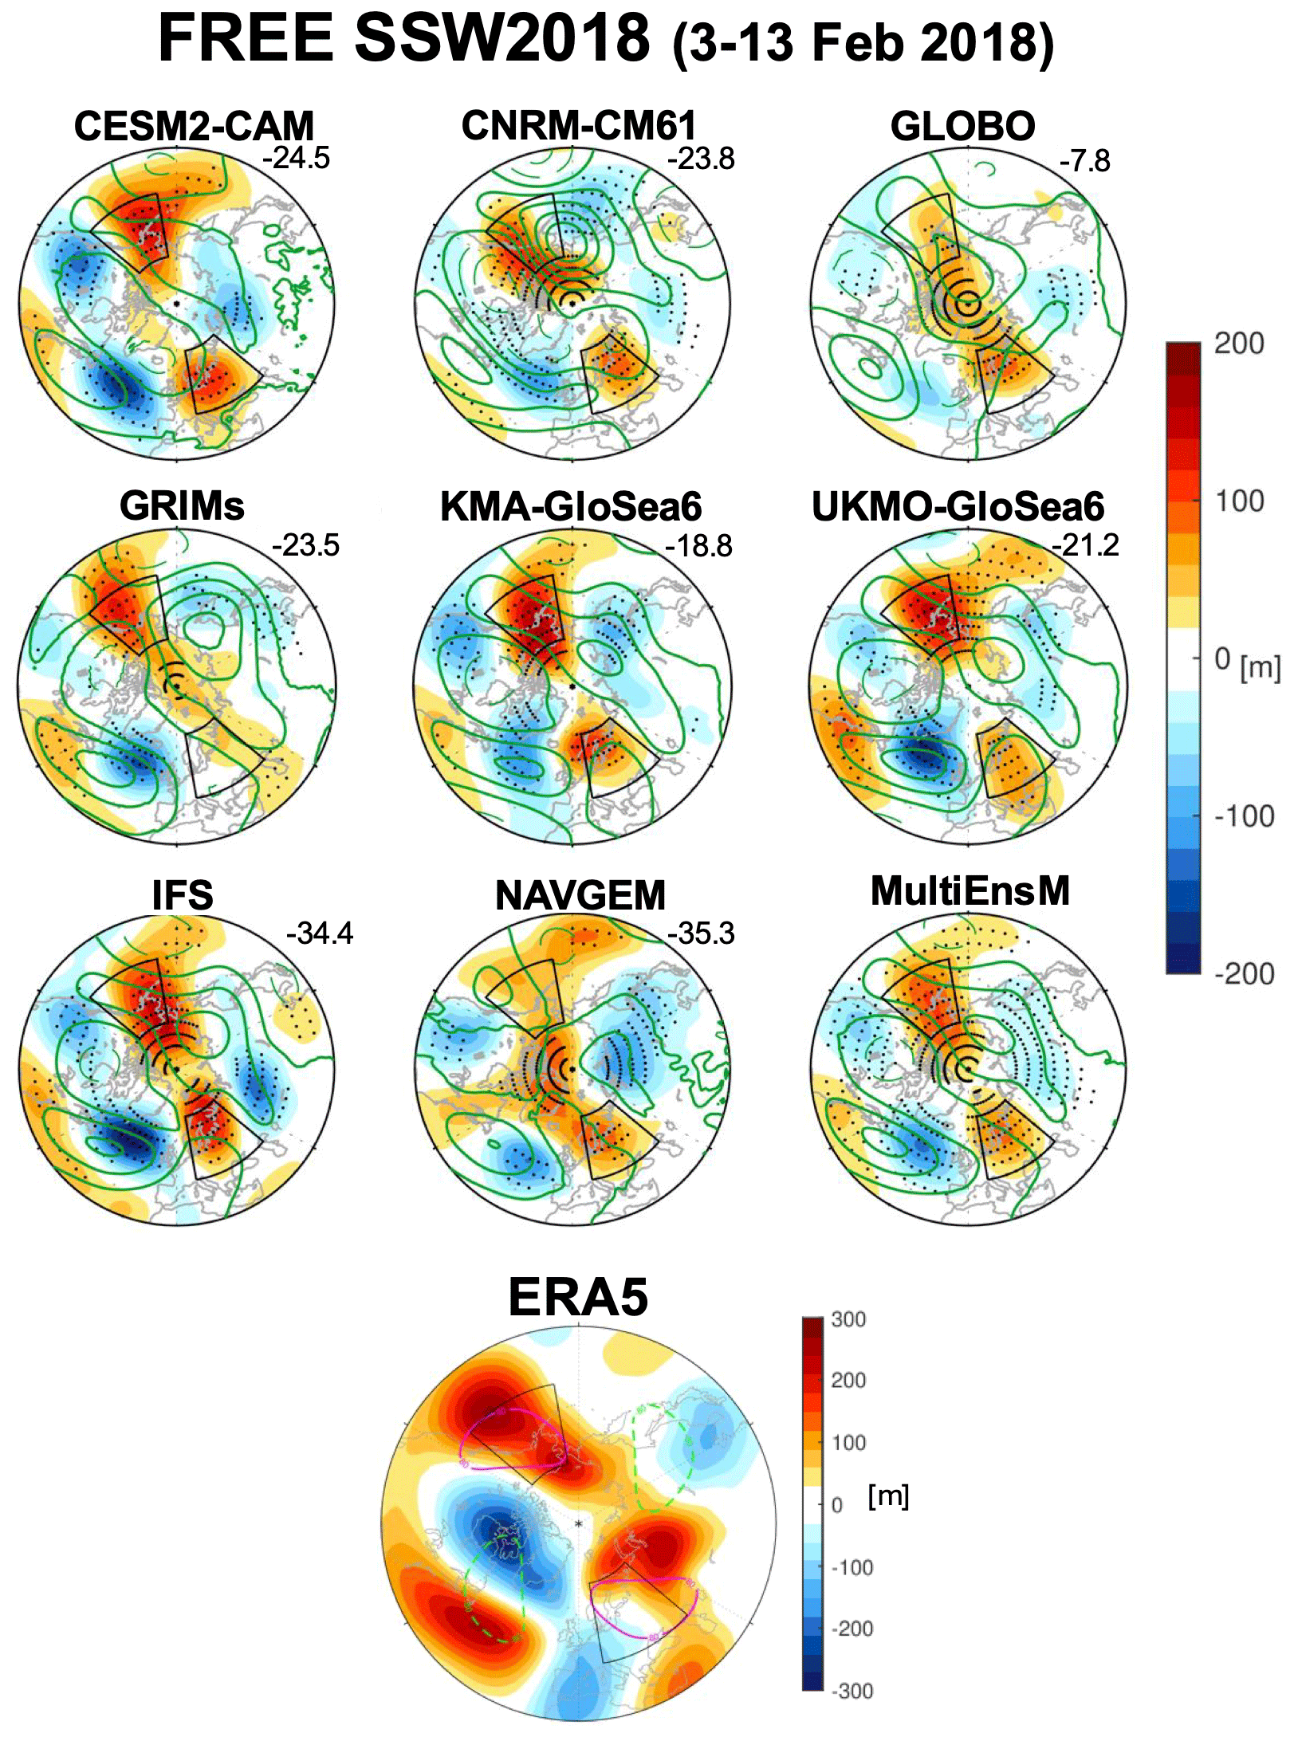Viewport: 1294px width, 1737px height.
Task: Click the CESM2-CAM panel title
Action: pos(194,126)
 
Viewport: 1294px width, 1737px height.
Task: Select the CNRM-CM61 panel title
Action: pos(579,125)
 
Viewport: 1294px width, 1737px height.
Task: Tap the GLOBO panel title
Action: pos(962,126)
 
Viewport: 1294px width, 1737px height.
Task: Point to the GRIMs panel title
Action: pos(182,505)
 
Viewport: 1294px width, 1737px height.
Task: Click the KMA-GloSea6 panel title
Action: pos(571,506)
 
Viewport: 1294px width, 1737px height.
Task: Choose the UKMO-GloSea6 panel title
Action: pos(958,506)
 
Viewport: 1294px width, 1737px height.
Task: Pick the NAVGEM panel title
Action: pos(580,895)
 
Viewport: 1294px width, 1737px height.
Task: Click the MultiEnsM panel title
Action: pos(970,891)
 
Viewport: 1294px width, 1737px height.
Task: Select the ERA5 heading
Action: pos(578,1297)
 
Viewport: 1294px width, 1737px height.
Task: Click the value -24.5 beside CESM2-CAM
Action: pos(296,158)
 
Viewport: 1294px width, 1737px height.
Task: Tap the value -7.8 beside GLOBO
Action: pos(1084,161)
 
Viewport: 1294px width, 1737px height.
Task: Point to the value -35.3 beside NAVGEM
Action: pos(701,933)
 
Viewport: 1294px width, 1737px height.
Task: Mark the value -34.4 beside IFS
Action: pos(319,933)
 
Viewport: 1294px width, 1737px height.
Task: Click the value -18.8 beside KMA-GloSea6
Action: pos(698,546)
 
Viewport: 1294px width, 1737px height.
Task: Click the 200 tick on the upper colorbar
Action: pos(1238,344)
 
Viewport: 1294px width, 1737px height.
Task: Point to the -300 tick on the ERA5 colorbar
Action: pos(852,1691)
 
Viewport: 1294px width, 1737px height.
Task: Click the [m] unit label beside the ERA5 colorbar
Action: pos(888,1495)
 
